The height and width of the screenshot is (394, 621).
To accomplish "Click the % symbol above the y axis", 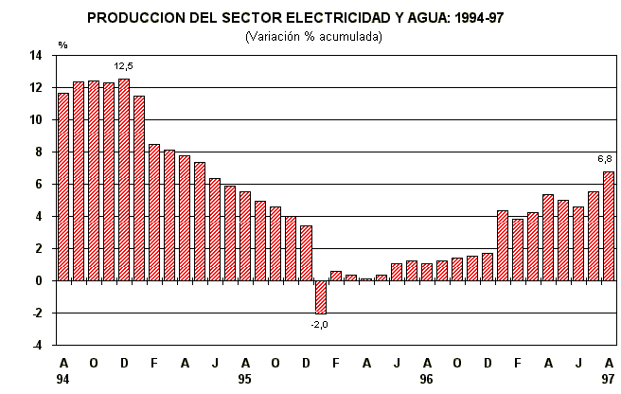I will [x=62, y=45].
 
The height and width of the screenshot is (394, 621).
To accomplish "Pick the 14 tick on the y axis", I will [x=36, y=56].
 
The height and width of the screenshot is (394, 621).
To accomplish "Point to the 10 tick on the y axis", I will [x=36, y=120].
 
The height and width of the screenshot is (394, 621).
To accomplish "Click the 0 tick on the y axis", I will [x=39, y=281].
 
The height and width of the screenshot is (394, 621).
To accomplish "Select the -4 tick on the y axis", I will [x=37, y=346].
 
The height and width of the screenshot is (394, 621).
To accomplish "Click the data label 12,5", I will [x=124, y=66].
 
